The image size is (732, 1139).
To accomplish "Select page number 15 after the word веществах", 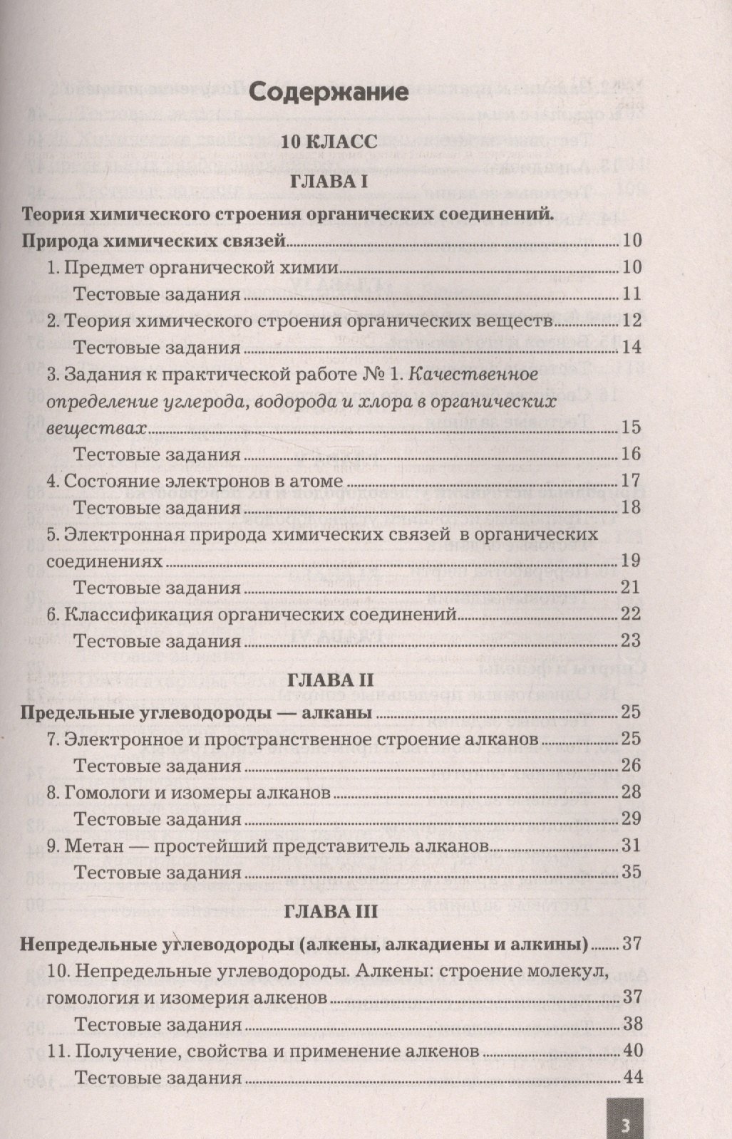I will [632, 427].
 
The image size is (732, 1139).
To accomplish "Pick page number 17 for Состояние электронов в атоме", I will [632, 481].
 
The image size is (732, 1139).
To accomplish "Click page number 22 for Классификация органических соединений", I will [632, 614].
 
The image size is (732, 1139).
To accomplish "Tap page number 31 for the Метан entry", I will [632, 846].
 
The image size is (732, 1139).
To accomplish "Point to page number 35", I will [632, 872].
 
